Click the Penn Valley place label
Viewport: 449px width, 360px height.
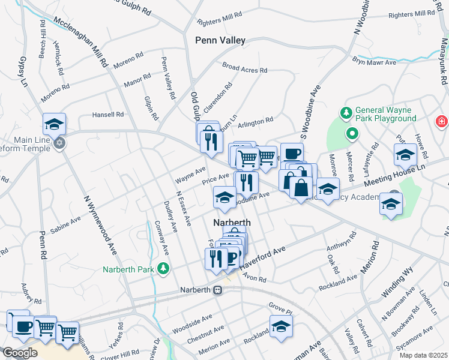[220, 40]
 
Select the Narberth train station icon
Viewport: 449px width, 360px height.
[218, 290]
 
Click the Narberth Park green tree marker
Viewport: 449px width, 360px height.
[162, 268]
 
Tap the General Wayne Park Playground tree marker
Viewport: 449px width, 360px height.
[346, 113]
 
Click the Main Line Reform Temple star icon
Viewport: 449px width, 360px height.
[59, 144]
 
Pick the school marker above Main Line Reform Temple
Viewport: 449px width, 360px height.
[54, 124]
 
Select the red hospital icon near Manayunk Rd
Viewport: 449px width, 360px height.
[442, 122]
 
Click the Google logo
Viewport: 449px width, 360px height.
[19, 352]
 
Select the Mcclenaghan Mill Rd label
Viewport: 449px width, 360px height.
[81, 41]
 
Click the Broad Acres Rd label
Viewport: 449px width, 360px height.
[244, 67]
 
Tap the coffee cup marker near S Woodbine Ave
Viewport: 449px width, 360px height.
[292, 154]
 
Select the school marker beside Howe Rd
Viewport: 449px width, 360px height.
[405, 155]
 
